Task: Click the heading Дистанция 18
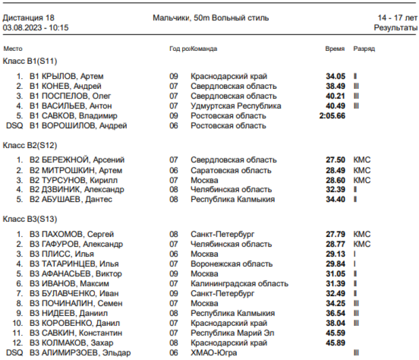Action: click(x=28, y=17)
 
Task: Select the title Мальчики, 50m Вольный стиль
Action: click(x=211, y=17)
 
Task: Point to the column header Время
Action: click(x=335, y=49)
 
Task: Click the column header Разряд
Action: click(x=364, y=49)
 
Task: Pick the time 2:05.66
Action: click(x=332, y=116)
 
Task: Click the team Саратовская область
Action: click(x=231, y=170)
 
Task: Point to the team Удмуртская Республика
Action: click(x=236, y=106)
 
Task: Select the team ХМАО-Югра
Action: click(x=214, y=353)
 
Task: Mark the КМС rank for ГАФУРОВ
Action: click(x=362, y=244)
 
